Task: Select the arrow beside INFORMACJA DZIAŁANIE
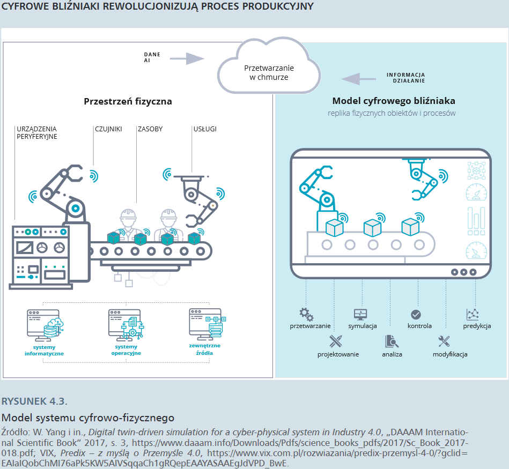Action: (x=359, y=79)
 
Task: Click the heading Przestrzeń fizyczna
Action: (x=128, y=101)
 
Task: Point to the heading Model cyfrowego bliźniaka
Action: (x=394, y=101)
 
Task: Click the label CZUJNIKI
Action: (x=108, y=129)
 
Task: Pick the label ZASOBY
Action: (x=150, y=129)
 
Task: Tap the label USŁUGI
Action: (x=205, y=129)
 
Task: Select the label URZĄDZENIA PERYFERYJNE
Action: (x=37, y=133)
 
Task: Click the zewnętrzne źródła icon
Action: (x=205, y=323)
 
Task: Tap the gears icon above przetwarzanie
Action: (x=306, y=314)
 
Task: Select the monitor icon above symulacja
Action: (x=360, y=314)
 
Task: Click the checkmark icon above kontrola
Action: (x=416, y=314)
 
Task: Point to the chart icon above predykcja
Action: (x=472, y=314)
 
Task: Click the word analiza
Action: (x=392, y=354)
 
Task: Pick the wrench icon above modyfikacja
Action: (x=444, y=341)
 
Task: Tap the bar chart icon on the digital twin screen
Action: (x=476, y=221)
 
